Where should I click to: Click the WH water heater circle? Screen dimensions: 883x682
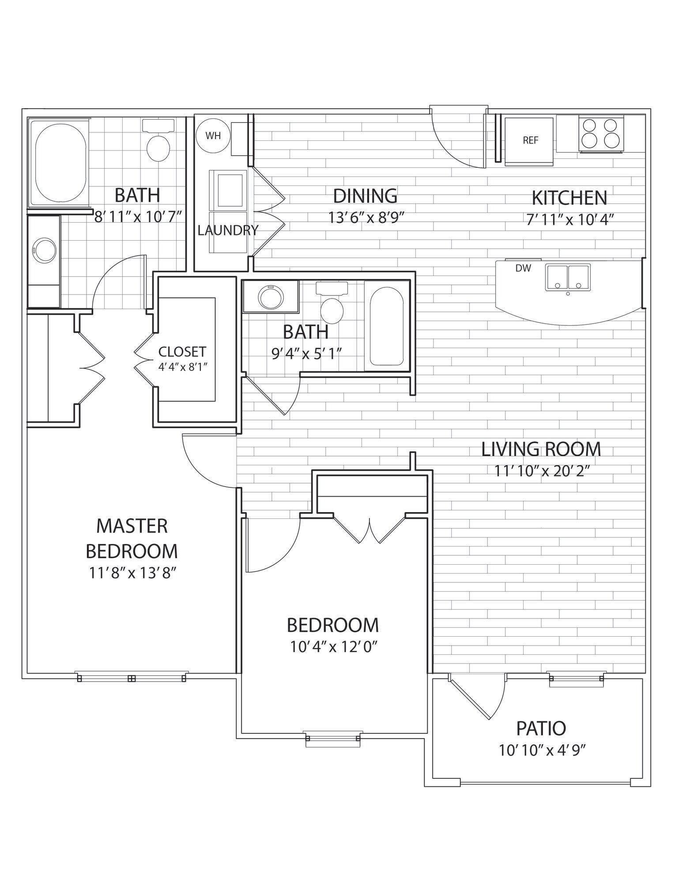[x=213, y=136]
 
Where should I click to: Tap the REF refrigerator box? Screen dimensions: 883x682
[x=529, y=141]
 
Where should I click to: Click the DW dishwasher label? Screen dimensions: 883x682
[x=523, y=268]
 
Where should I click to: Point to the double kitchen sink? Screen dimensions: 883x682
[x=568, y=277]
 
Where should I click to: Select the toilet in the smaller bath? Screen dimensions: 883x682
[x=332, y=306]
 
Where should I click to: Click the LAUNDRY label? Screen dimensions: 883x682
[x=228, y=230]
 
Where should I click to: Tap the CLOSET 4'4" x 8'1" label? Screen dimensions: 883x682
[x=182, y=358]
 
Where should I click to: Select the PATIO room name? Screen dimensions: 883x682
[x=541, y=728]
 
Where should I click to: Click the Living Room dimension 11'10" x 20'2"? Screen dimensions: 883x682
[x=541, y=471]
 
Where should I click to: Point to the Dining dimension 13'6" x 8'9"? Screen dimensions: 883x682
[x=366, y=217]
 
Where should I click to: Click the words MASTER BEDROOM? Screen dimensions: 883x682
[x=132, y=538]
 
